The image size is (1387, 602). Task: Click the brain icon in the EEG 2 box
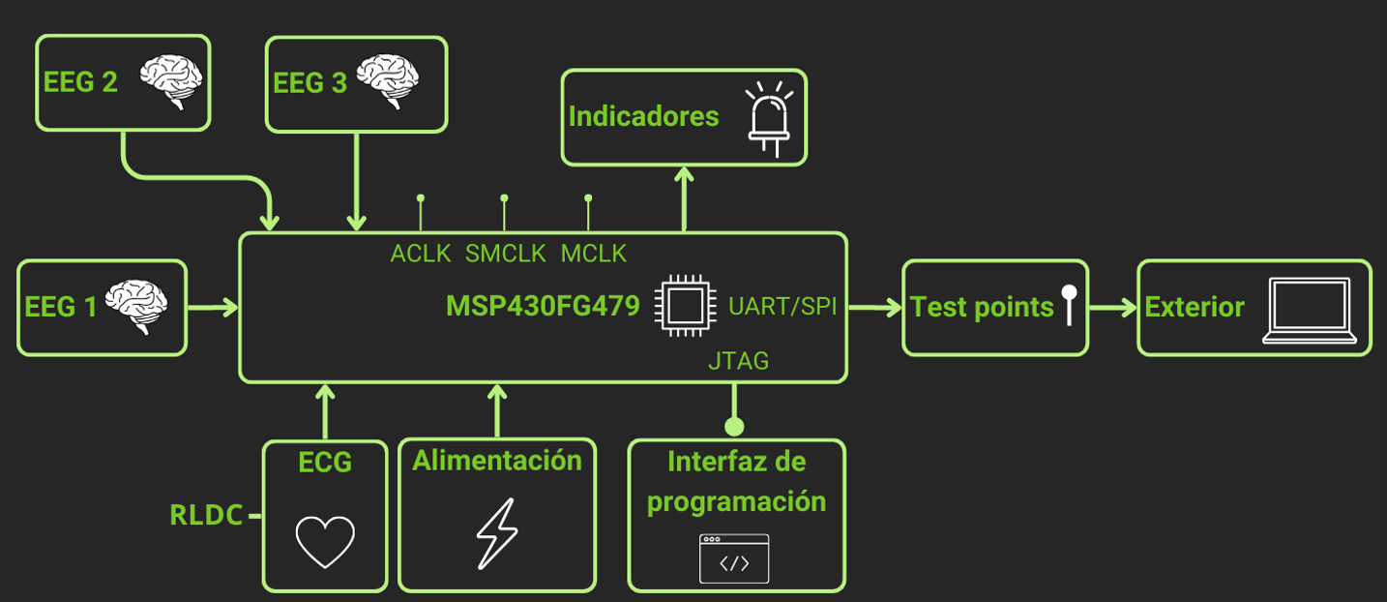click(170, 81)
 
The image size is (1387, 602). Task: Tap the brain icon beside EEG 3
click(386, 80)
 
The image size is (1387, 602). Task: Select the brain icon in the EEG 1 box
click(137, 306)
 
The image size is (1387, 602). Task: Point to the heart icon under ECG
click(325, 541)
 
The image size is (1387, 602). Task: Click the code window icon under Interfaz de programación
click(734, 558)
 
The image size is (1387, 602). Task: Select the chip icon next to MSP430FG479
click(684, 307)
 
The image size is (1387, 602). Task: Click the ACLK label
click(421, 254)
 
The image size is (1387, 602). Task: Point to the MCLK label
click(593, 254)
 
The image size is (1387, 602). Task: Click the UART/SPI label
click(782, 307)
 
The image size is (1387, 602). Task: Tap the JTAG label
click(738, 361)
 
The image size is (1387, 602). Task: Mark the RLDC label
click(206, 516)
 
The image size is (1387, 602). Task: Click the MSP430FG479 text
click(543, 307)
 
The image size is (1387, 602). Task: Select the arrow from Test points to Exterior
click(1111, 308)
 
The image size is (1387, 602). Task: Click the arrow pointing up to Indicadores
click(685, 198)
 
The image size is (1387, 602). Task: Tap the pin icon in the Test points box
click(1069, 304)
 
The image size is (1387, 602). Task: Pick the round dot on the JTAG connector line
click(734, 426)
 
